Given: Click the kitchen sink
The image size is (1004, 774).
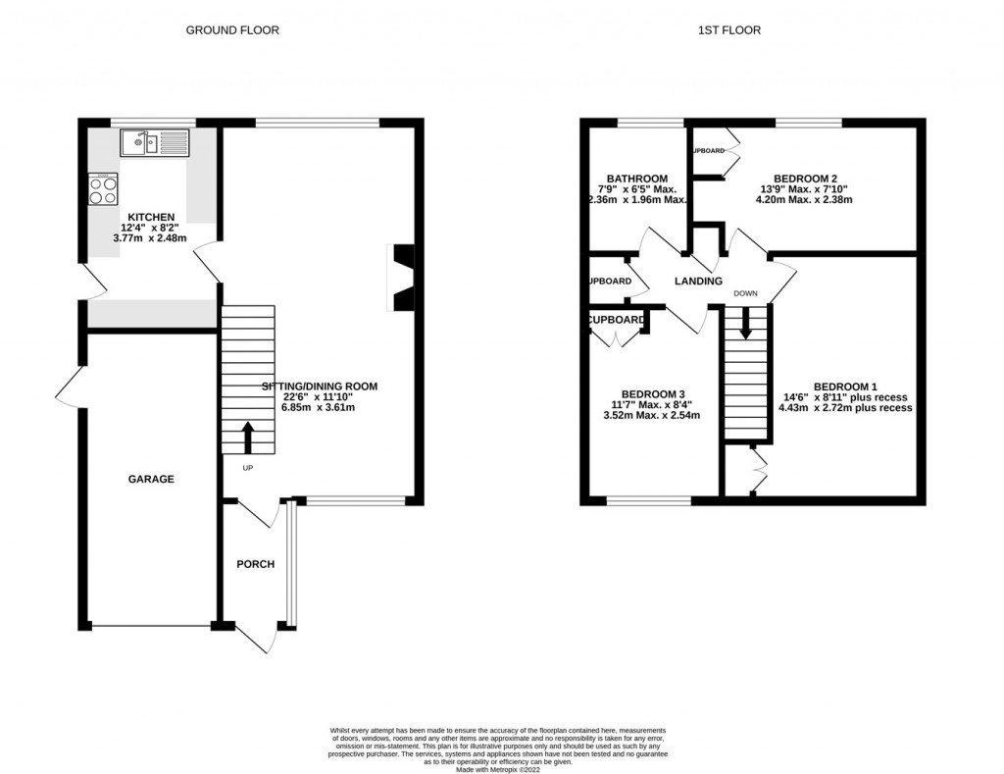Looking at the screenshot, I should [154, 144].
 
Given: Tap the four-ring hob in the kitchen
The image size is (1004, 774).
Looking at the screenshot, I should [103, 188].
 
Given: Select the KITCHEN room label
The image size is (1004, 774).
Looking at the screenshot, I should [151, 218].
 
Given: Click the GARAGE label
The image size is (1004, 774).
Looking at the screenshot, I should [151, 480].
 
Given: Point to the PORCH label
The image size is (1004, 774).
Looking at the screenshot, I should [256, 564].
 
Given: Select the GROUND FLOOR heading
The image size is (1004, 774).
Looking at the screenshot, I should [232, 30].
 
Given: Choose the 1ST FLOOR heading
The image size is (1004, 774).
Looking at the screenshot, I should [728, 30].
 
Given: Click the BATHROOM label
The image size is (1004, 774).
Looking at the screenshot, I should [637, 179].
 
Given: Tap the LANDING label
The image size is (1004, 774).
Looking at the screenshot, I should [698, 282].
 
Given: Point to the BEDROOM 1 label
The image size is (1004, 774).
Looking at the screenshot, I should [845, 387].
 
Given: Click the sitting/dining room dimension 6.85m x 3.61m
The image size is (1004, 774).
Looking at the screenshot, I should [319, 407].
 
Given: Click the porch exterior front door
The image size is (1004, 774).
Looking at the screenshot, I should [256, 638].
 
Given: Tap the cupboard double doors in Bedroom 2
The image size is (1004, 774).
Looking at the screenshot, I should [727, 153].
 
